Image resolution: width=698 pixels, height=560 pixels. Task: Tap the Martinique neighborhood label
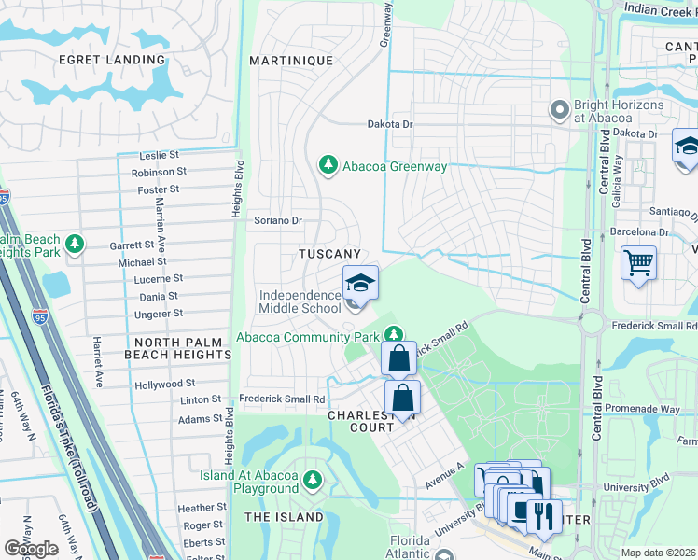tap(291, 61)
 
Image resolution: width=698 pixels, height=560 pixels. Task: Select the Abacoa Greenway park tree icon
tap(328, 165)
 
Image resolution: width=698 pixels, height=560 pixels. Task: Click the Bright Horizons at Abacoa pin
tap(560, 111)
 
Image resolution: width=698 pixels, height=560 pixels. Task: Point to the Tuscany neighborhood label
tap(329, 254)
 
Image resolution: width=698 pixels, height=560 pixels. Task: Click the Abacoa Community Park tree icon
tap(395, 333)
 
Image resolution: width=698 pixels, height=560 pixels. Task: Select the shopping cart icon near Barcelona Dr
tap(638, 264)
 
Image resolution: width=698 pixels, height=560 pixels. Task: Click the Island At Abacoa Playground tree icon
tap(313, 481)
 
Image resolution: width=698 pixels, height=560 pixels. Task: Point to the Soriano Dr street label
tap(279, 221)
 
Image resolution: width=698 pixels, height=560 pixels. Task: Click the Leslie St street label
tap(159, 156)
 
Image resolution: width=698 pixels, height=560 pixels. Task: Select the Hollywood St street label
tap(164, 384)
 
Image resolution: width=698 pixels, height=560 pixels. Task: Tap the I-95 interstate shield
tap(4, 197)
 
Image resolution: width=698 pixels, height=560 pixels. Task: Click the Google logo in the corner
tap(31, 549)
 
